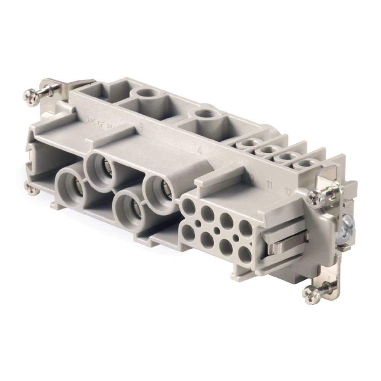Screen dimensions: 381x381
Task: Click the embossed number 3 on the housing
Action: tap(141, 128)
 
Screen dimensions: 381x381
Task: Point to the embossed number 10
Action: tap(250, 178)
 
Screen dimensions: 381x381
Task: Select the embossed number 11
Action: tap(269, 186)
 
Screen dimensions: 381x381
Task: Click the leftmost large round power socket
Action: tap(71, 183)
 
